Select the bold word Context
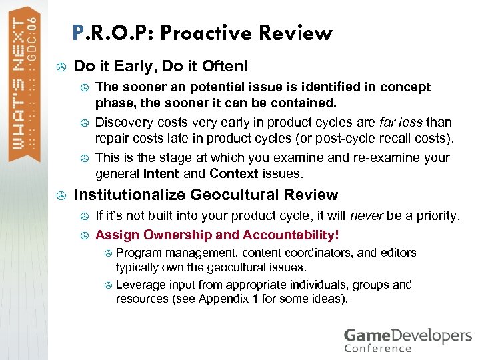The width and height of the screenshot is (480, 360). tap(233, 173)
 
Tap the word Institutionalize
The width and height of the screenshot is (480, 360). tap(130, 195)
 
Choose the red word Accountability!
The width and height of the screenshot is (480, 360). tap(291, 235)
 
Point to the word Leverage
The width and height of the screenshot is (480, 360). tap(140, 285)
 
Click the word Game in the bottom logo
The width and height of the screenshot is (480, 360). tap(367, 335)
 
